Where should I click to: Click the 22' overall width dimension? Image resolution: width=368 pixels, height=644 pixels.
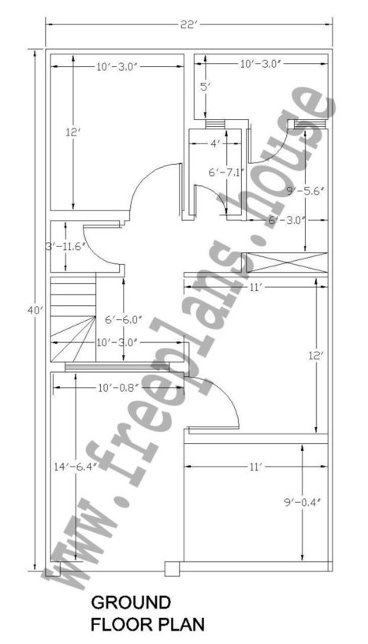[188, 24]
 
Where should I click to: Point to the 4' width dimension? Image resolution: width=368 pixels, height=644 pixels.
[215, 144]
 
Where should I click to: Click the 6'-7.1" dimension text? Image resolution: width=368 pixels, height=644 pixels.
[227, 173]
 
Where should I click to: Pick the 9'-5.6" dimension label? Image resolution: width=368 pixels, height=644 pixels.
[305, 191]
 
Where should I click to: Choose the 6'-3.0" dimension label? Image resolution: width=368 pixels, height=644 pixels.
[287, 220]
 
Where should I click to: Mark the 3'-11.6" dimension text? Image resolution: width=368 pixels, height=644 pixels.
[65, 247]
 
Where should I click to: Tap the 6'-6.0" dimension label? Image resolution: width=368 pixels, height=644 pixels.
[124, 319]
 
